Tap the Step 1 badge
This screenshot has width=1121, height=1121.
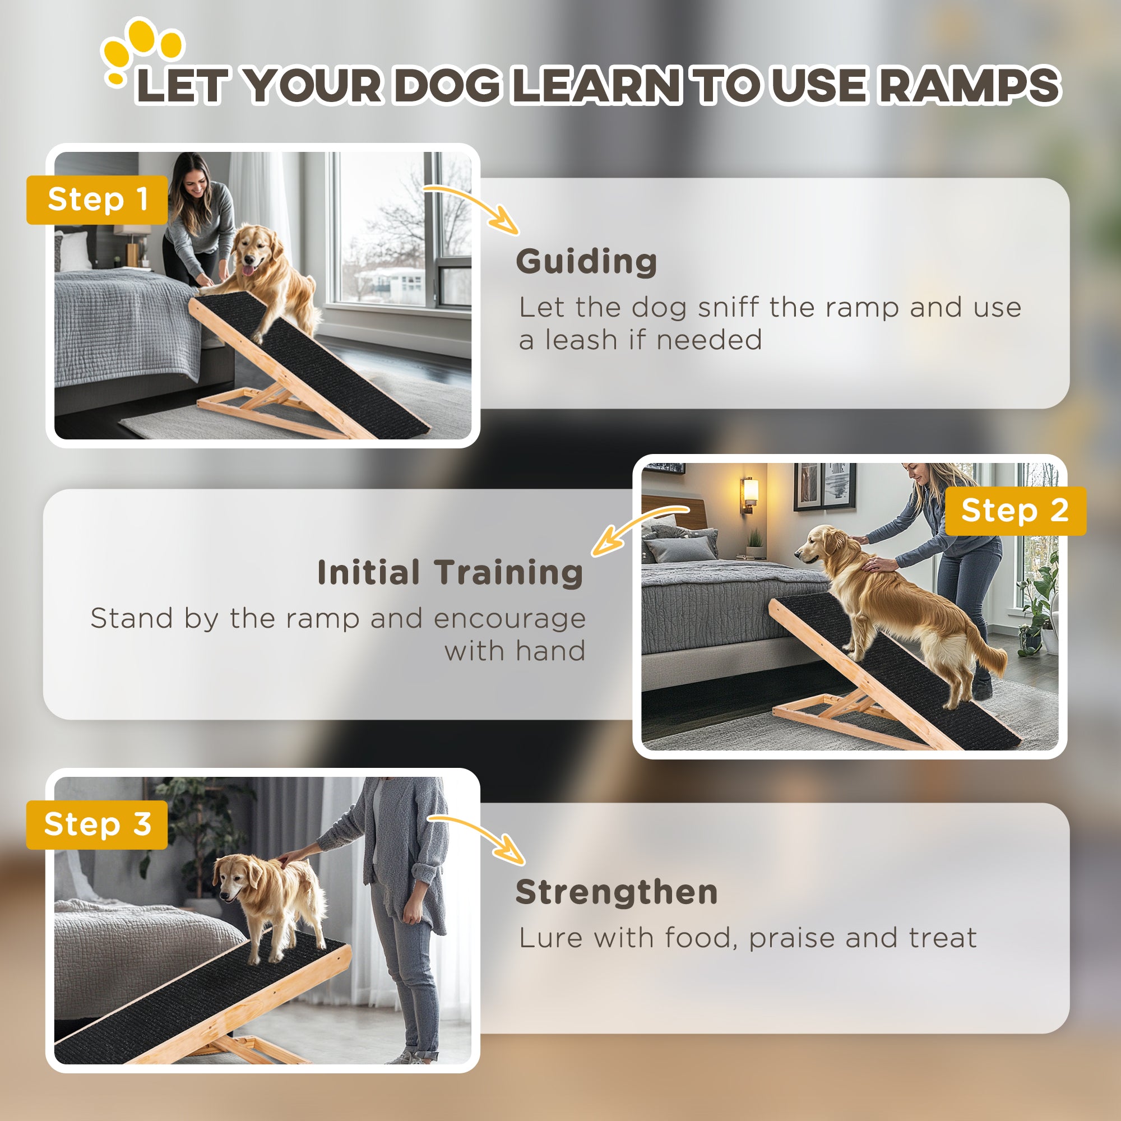point(97,200)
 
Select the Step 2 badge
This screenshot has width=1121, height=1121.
point(1015,511)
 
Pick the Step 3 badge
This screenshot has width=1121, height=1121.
point(97,824)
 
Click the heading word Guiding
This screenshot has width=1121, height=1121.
point(586,262)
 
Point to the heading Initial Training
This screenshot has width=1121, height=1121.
point(450,573)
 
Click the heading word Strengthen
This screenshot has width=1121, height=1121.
point(616,892)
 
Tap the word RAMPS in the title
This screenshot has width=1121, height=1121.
point(968,85)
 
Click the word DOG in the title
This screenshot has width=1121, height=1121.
point(448,85)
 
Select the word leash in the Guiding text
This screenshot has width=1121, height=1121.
point(581,340)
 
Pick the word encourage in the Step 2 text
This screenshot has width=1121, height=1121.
point(509,619)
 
